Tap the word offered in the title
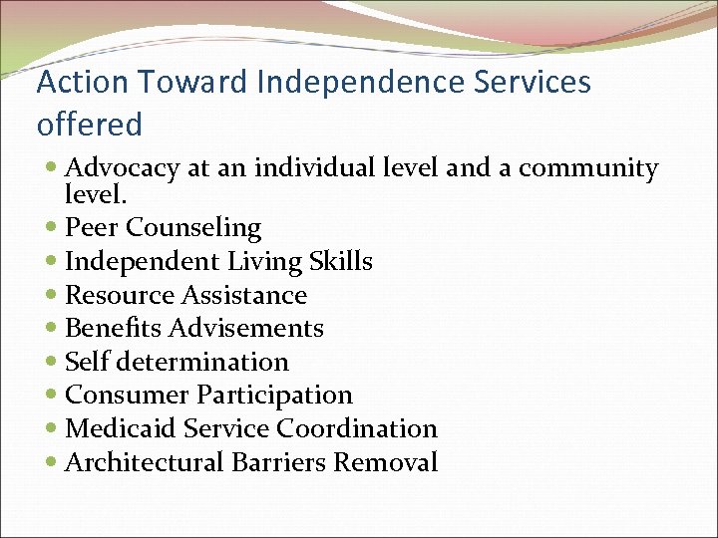tap(90, 126)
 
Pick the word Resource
tap(119, 296)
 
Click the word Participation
tap(274, 396)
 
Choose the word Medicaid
tap(120, 429)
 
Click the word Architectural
tap(145, 463)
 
